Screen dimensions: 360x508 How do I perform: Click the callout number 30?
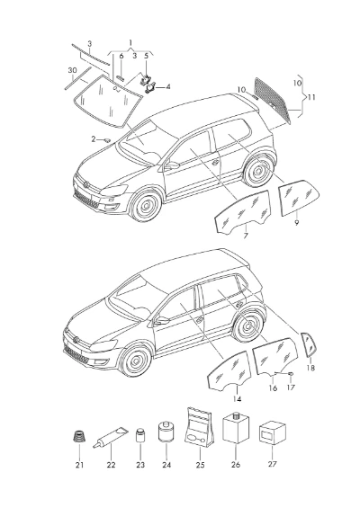(72, 70)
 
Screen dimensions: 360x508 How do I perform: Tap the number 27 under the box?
(273, 464)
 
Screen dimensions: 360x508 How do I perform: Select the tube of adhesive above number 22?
(111, 437)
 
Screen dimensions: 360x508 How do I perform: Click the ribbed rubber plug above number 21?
(79, 436)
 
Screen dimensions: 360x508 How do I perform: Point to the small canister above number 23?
(140, 435)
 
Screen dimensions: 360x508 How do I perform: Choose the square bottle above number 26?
(236, 428)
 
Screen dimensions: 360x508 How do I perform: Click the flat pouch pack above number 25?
(200, 427)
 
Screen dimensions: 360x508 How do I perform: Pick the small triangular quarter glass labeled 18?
(309, 344)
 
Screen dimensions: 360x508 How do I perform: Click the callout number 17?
(291, 388)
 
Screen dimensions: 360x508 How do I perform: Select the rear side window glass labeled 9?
(299, 197)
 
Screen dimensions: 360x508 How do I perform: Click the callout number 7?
(246, 236)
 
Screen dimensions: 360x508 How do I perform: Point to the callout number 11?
(311, 97)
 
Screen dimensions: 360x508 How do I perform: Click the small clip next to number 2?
(106, 140)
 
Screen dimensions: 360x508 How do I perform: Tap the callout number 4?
(168, 87)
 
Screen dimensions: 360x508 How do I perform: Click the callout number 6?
(121, 56)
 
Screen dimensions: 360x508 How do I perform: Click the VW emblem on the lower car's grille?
(76, 340)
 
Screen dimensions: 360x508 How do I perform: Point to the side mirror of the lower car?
(161, 320)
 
